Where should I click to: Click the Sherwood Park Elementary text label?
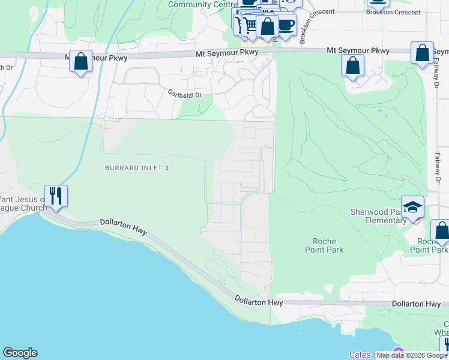[378, 216]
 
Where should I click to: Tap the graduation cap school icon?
[413, 207]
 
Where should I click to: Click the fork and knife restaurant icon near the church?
[56, 196]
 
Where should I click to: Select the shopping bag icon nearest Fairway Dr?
[423, 53]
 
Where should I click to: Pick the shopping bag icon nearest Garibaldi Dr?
[80, 61]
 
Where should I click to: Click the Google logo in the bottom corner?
[20, 353]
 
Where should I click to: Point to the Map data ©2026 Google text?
[412, 355]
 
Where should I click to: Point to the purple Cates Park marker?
[397, 352]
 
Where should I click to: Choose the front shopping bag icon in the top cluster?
[268, 26]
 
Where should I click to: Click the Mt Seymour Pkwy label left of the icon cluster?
[227, 53]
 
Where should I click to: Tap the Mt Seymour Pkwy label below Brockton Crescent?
[358, 50]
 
